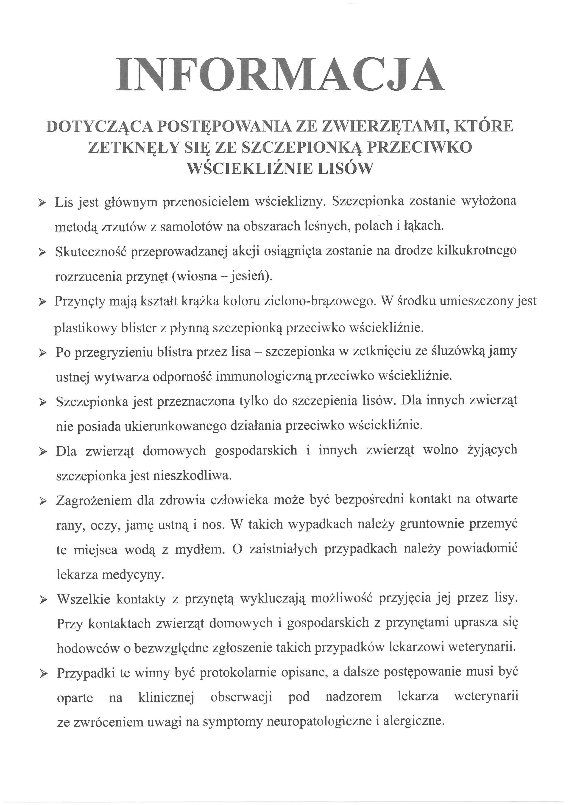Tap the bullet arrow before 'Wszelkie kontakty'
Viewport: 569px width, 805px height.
click(x=43, y=600)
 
